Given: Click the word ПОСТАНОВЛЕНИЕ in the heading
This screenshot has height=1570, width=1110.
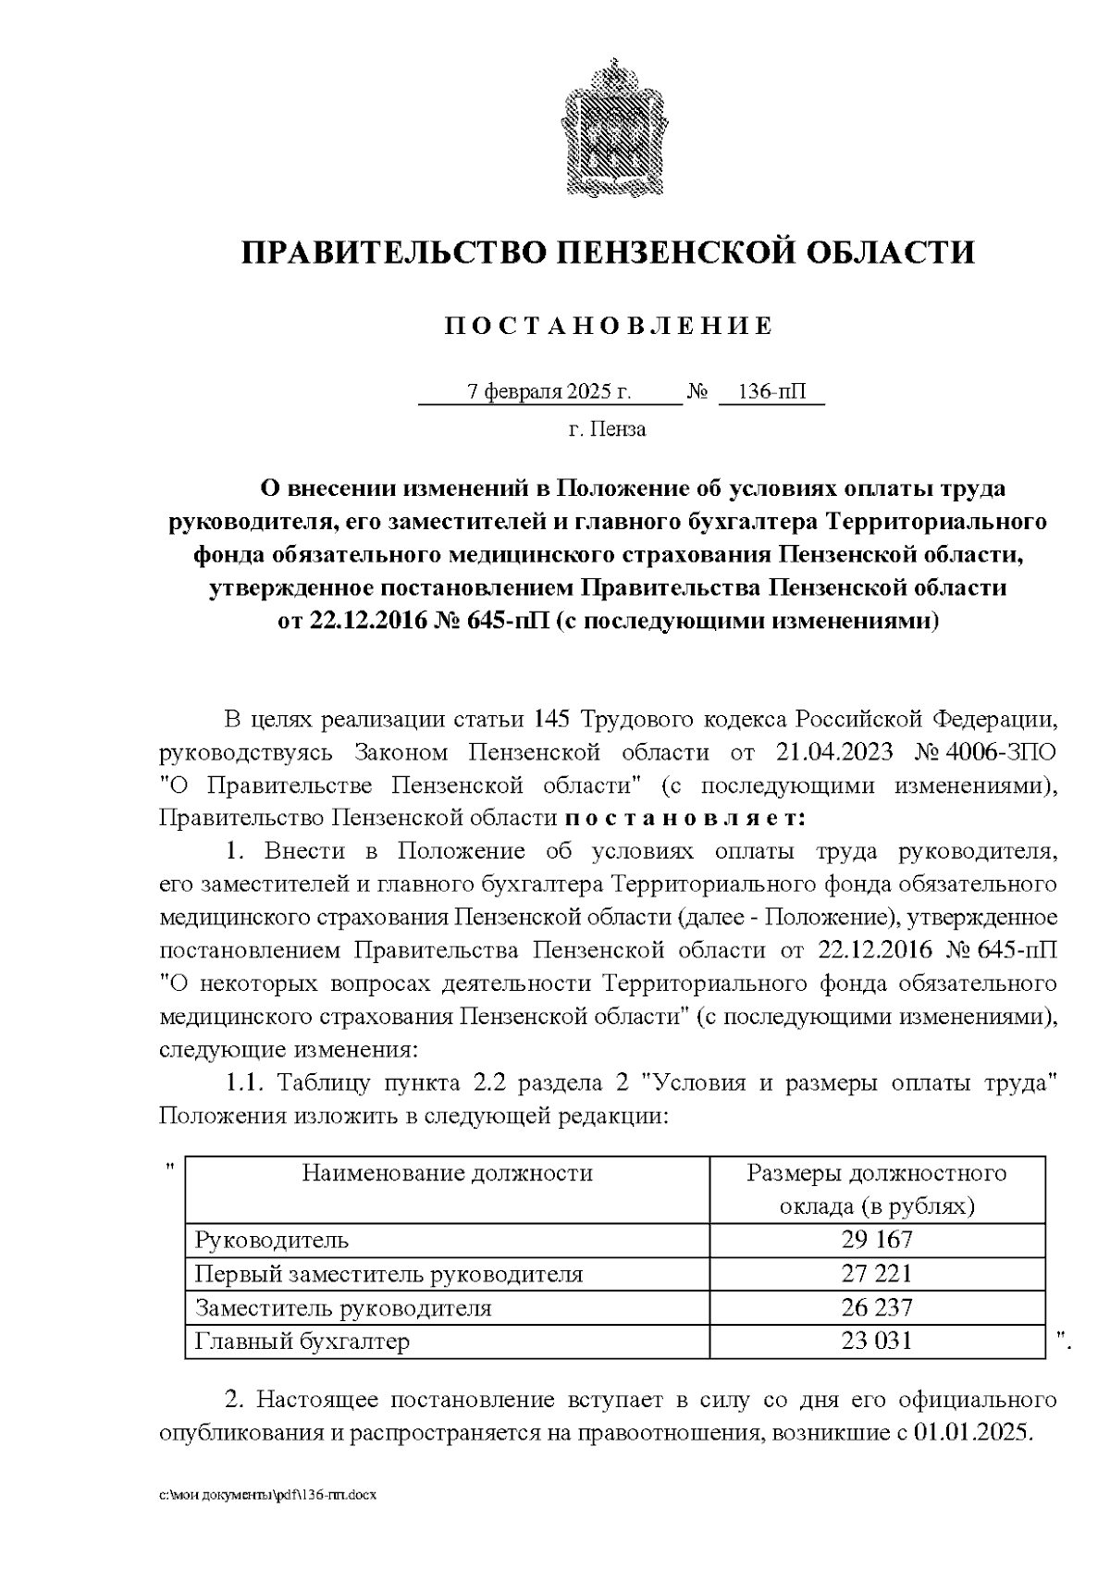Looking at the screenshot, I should click(609, 326).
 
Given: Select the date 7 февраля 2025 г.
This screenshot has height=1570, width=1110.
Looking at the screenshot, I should click(549, 392).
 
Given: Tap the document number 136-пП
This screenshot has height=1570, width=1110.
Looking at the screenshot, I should click(771, 392).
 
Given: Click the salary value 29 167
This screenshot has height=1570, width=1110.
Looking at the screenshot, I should click(876, 1240).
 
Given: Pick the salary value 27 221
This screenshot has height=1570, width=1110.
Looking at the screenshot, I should click(876, 1274).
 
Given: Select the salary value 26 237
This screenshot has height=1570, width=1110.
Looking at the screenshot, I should click(876, 1307).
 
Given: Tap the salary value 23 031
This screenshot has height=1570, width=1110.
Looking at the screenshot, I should click(876, 1341).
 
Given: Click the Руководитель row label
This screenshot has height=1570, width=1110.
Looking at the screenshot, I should click(271, 1240).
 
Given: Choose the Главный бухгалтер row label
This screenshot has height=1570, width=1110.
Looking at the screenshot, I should click(302, 1341).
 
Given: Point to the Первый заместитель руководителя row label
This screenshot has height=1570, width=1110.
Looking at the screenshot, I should click(388, 1274).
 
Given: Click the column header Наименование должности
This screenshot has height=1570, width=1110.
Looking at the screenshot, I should click(447, 1174).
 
